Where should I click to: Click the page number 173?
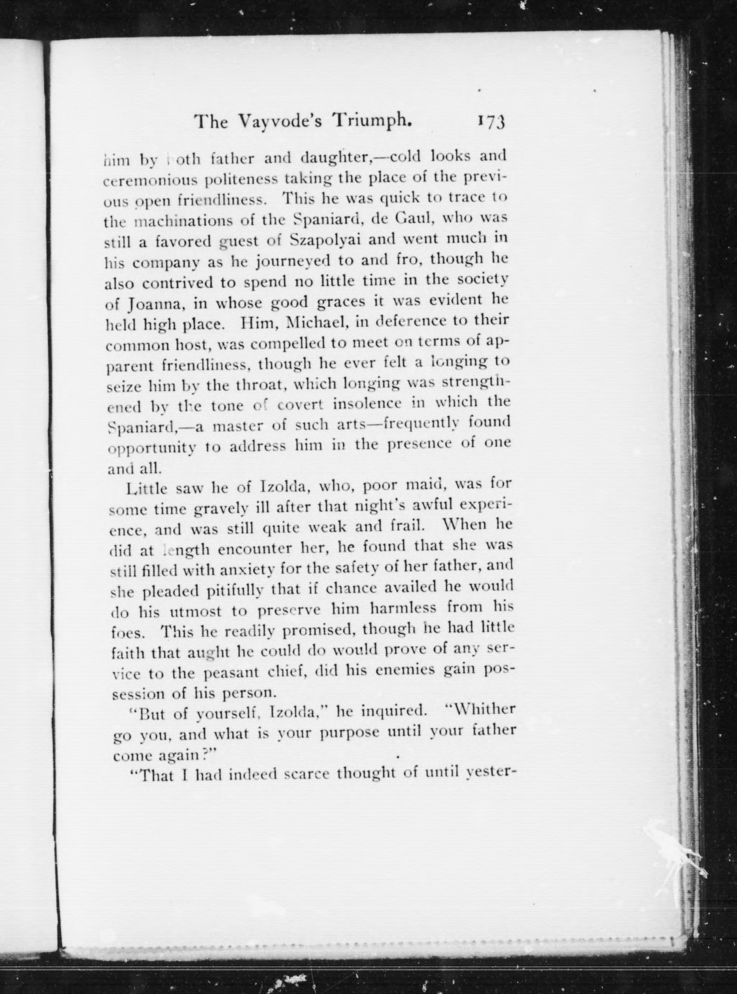pos(491,121)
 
